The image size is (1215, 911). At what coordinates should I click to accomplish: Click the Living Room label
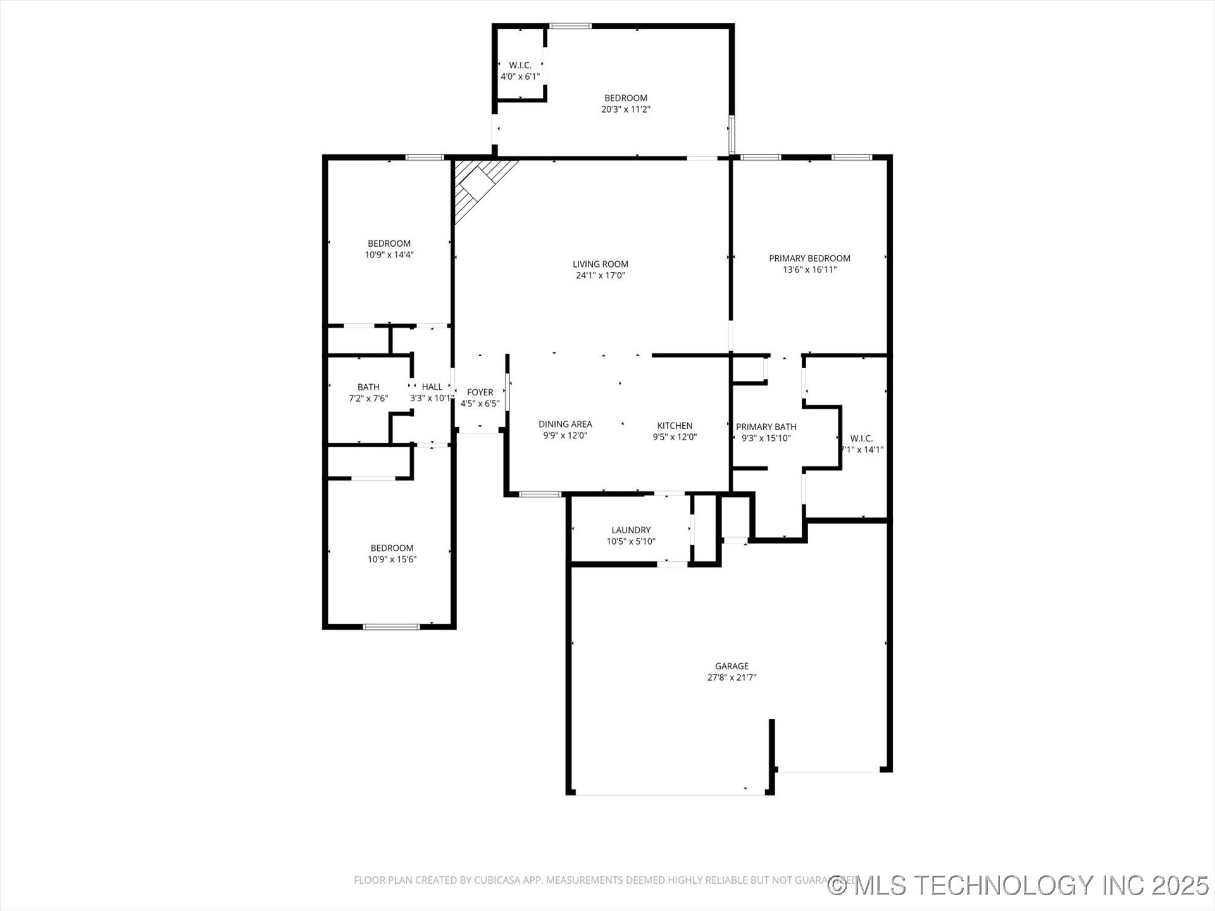[600, 264]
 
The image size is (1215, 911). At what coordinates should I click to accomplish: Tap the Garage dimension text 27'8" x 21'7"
[732, 678]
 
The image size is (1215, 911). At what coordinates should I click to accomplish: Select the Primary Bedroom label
[809, 258]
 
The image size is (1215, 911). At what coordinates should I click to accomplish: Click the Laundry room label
[631, 530]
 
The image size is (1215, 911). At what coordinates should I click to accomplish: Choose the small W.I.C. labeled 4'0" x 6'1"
[520, 71]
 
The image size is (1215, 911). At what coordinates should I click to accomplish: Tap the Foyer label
[480, 392]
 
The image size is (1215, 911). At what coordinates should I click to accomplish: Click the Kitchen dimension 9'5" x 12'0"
[675, 437]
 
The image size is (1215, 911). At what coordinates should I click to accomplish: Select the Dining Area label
[565, 425]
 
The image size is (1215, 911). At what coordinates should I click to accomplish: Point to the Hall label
[432, 387]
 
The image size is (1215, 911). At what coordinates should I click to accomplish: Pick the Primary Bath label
[766, 427]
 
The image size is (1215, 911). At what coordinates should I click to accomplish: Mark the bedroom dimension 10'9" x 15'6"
[392, 559]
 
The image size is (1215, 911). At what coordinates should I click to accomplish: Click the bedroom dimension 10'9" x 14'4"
[389, 255]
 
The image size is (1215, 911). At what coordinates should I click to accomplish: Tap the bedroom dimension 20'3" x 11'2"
[625, 109]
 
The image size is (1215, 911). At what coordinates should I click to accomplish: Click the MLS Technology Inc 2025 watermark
[1019, 885]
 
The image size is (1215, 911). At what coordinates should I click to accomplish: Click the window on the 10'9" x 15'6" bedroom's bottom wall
[391, 627]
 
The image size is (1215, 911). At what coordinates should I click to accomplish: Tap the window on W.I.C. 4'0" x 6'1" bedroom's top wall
[570, 26]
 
